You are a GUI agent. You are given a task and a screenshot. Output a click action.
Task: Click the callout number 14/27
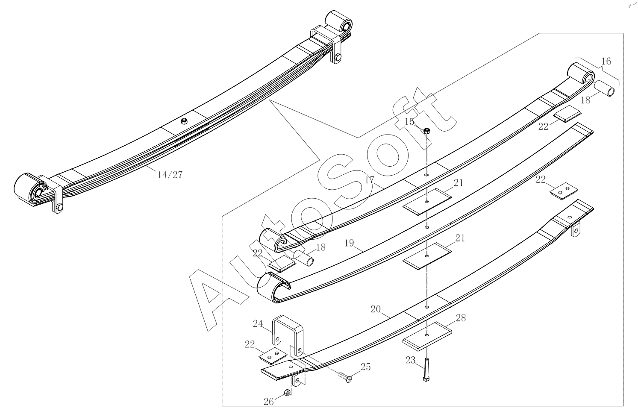click(170, 175)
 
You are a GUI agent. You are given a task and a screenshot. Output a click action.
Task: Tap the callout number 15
click(409, 122)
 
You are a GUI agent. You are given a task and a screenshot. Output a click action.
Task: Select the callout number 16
click(606, 61)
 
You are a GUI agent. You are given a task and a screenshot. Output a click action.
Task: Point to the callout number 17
click(369, 180)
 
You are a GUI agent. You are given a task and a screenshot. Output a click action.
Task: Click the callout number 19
click(349, 243)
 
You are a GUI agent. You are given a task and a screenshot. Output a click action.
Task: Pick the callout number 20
click(376, 309)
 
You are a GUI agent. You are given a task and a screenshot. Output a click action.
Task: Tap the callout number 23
click(411, 360)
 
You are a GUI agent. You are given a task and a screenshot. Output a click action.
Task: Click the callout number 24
click(258, 324)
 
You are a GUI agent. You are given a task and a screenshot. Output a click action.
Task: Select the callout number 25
click(366, 367)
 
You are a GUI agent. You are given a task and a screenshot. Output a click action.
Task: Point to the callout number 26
click(269, 402)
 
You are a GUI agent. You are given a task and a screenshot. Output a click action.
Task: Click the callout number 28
click(461, 318)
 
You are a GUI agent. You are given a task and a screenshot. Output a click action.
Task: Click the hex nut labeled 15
click(426, 131)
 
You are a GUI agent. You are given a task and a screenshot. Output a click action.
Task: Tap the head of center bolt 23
click(426, 379)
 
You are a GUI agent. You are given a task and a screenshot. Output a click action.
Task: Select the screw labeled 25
click(345, 376)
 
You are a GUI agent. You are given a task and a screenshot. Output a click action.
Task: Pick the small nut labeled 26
click(287, 393)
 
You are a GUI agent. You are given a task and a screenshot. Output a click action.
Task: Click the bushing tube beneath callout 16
click(604, 88)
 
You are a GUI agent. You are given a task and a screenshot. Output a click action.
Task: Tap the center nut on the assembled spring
click(184, 121)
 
